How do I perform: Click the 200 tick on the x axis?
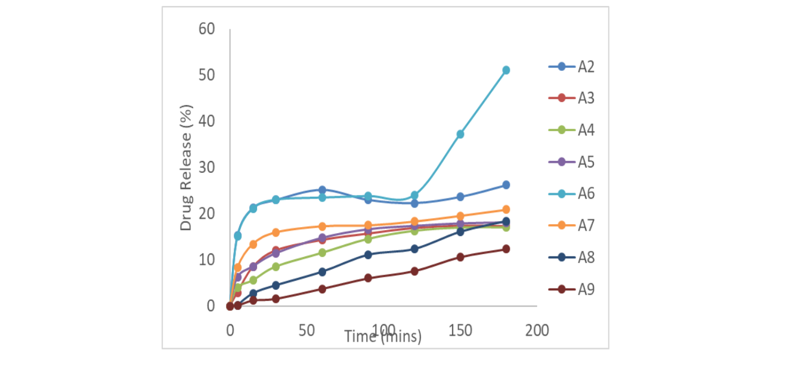537,330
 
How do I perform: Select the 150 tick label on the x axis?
460,330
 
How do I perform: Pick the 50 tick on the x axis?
306,330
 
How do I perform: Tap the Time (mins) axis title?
383,337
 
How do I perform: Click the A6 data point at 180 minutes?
506,70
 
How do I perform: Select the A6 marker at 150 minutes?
460,134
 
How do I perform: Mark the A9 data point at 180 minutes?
506,249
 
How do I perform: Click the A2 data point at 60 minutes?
322,190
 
